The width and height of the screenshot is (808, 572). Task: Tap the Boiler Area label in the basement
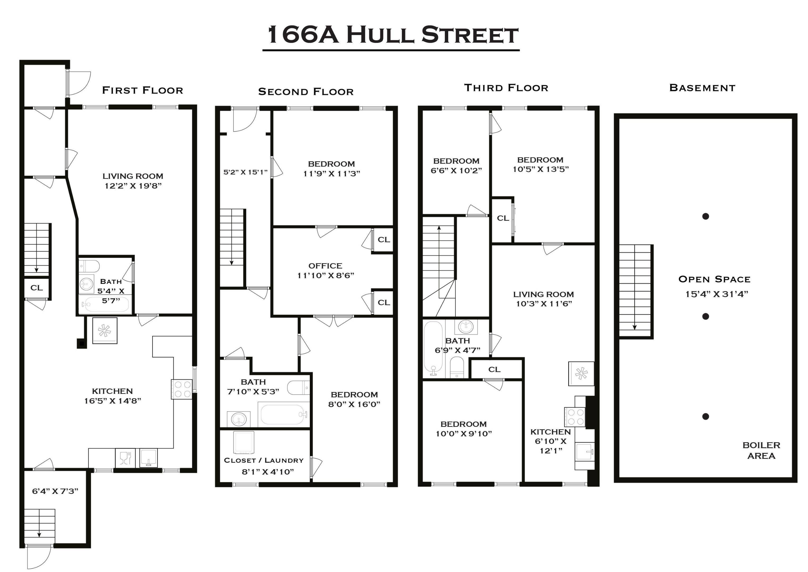click(x=761, y=450)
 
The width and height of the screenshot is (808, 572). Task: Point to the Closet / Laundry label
click(x=263, y=460)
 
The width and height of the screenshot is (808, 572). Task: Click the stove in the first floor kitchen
click(x=182, y=389)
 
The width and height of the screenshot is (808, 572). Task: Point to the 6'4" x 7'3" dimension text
click(x=55, y=491)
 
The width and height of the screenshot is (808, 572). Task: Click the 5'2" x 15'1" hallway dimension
click(x=245, y=172)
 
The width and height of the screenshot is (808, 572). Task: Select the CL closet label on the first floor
click(x=36, y=288)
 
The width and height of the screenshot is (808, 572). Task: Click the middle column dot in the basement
click(x=705, y=316)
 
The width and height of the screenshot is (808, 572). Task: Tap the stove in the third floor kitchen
click(x=574, y=417)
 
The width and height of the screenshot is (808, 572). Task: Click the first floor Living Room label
click(x=133, y=176)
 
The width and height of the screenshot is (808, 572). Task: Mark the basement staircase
click(x=635, y=291)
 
